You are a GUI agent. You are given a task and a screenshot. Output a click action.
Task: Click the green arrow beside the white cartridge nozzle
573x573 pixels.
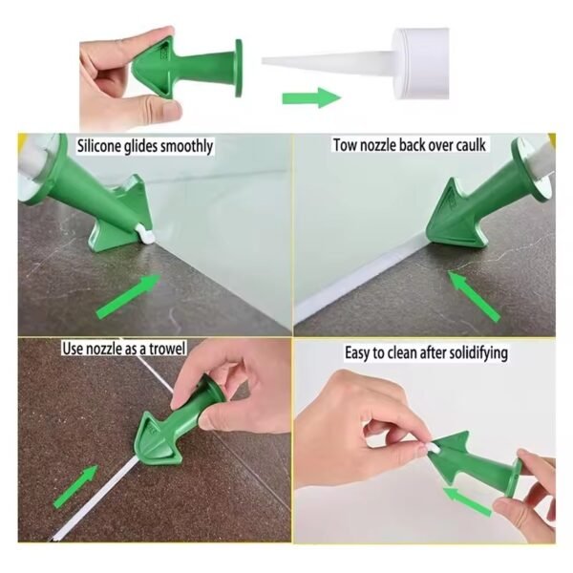(311, 97)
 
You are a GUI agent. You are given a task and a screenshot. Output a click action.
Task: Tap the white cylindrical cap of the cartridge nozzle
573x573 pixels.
(420, 64)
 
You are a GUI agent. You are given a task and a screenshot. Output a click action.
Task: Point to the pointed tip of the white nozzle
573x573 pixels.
(264, 61)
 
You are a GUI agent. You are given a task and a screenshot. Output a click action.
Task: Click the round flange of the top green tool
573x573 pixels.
(239, 69)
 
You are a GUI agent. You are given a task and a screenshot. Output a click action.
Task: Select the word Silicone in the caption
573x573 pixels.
(98, 146)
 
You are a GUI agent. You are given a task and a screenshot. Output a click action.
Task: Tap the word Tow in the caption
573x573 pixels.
(345, 145)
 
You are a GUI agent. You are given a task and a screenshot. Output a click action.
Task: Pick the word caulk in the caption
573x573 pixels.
(471, 145)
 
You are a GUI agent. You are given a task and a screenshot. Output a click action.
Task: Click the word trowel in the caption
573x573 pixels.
(168, 349)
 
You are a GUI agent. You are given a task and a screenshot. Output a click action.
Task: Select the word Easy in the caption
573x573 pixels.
(357, 353)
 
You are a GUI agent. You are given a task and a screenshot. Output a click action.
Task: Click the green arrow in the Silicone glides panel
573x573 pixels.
(128, 296)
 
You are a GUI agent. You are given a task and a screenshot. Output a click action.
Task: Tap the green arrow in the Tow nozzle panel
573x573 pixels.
(474, 296)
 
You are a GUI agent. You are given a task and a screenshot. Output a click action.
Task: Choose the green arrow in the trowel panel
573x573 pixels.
(75, 486)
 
